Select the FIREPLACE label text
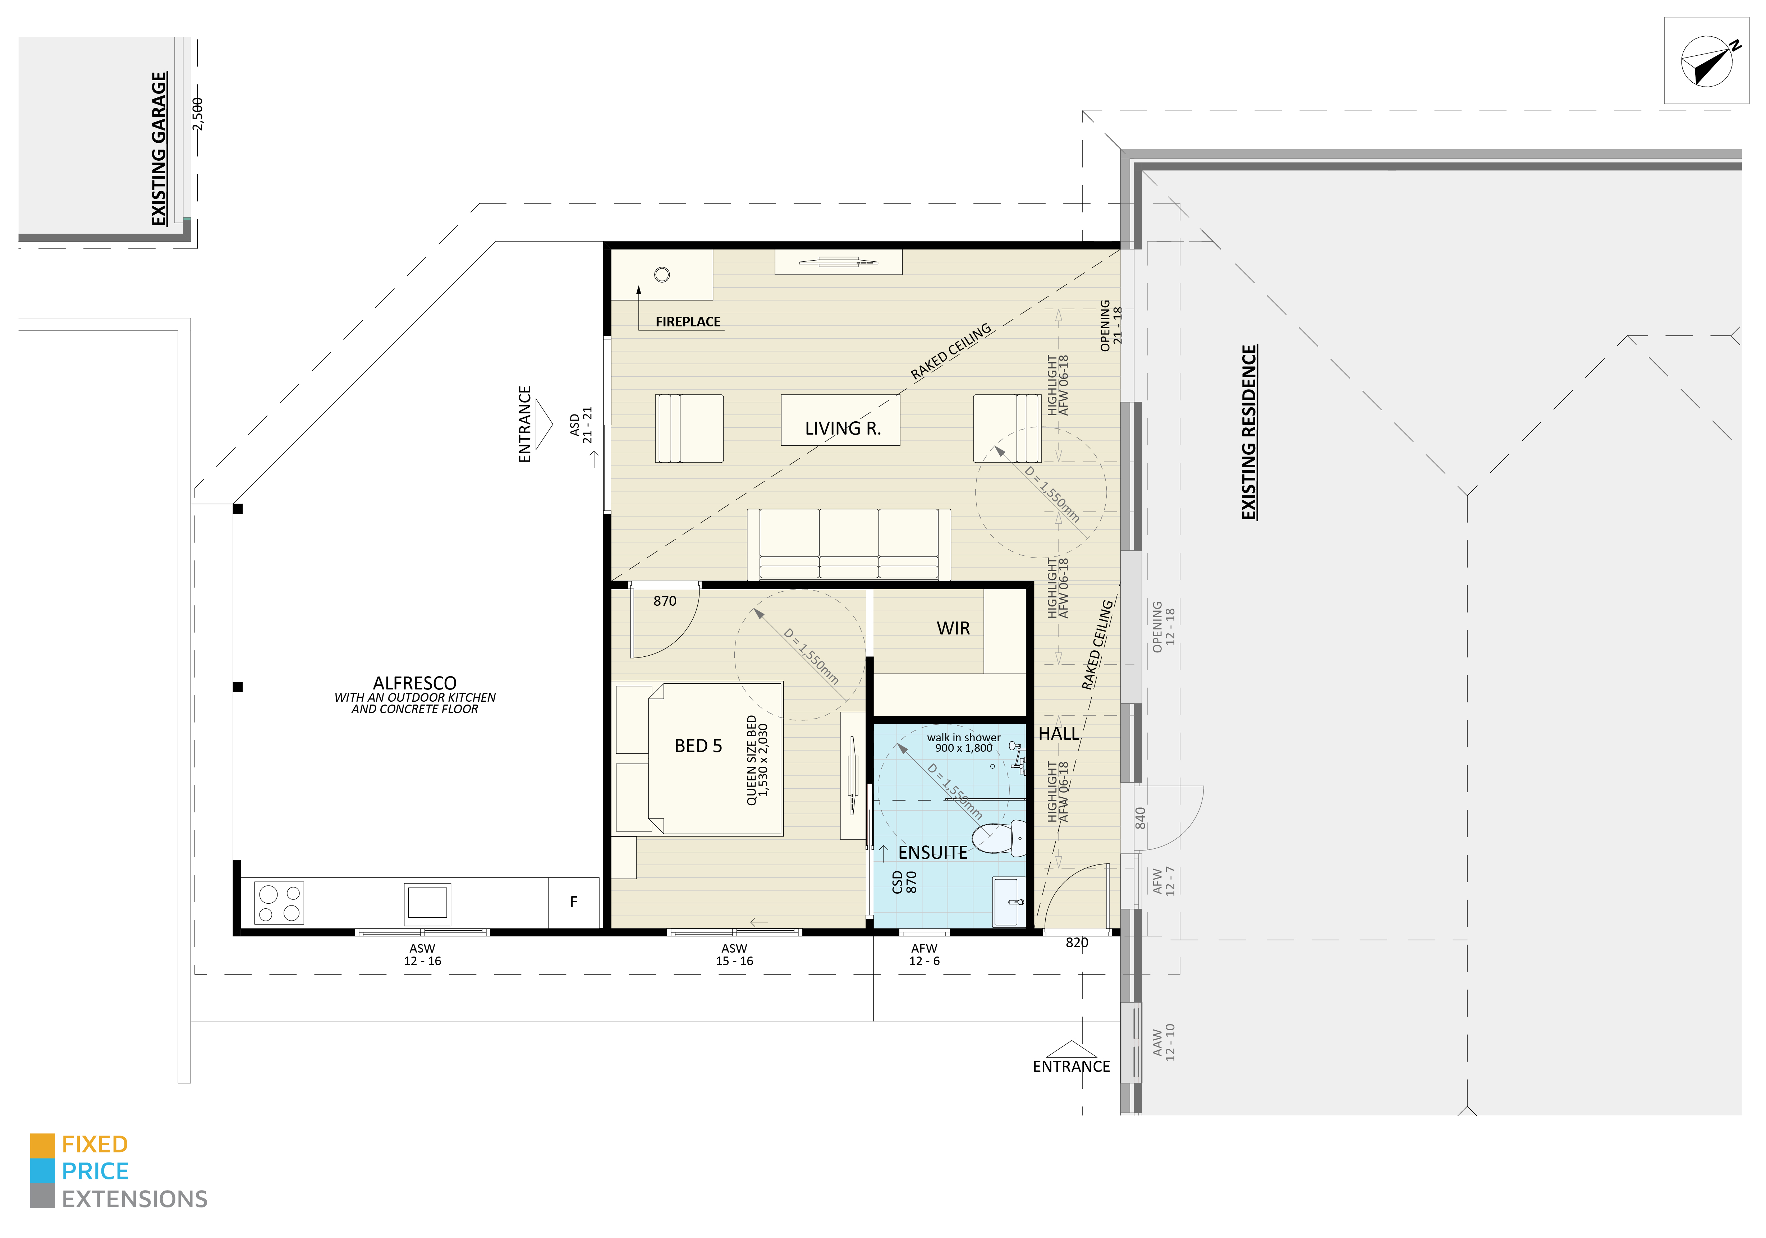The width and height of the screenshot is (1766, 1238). [x=688, y=322]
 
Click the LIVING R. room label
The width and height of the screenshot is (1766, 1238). [x=842, y=428]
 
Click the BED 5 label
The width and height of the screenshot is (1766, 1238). [x=698, y=746]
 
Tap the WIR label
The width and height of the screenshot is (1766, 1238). [x=953, y=629]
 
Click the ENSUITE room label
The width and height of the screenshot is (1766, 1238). [x=932, y=853]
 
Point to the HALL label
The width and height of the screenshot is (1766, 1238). [x=1058, y=734]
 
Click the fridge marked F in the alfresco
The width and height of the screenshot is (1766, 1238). [x=573, y=902]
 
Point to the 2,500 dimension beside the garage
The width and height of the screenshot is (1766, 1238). [x=198, y=114]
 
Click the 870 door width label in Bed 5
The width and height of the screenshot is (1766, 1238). [x=665, y=601]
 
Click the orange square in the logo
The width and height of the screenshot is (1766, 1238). [x=42, y=1145]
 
